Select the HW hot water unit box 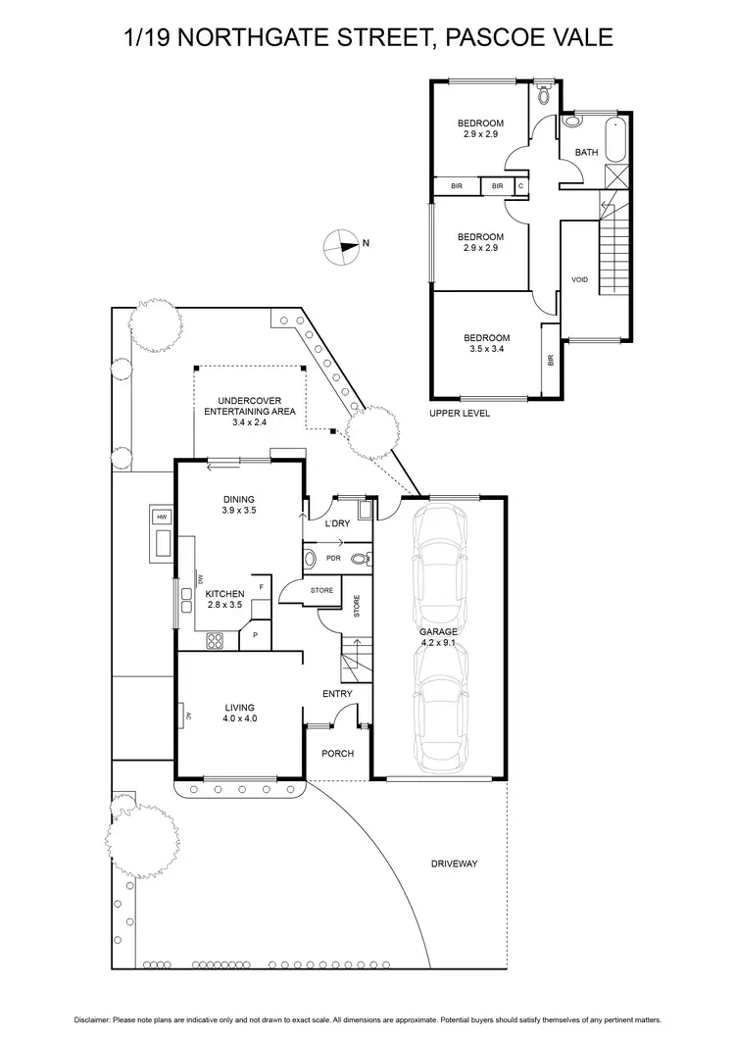pos(161,517)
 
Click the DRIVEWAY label pos(454,864)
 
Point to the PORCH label pos(338,754)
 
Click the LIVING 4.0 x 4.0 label pos(239,713)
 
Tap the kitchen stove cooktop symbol pos(215,642)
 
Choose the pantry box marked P pos(255,635)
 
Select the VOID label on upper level pos(579,280)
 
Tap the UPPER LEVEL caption pos(459,414)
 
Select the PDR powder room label pos(333,559)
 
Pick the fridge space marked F pos(261,587)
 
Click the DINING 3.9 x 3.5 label pos(238,505)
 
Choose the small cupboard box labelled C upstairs pos(520,185)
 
